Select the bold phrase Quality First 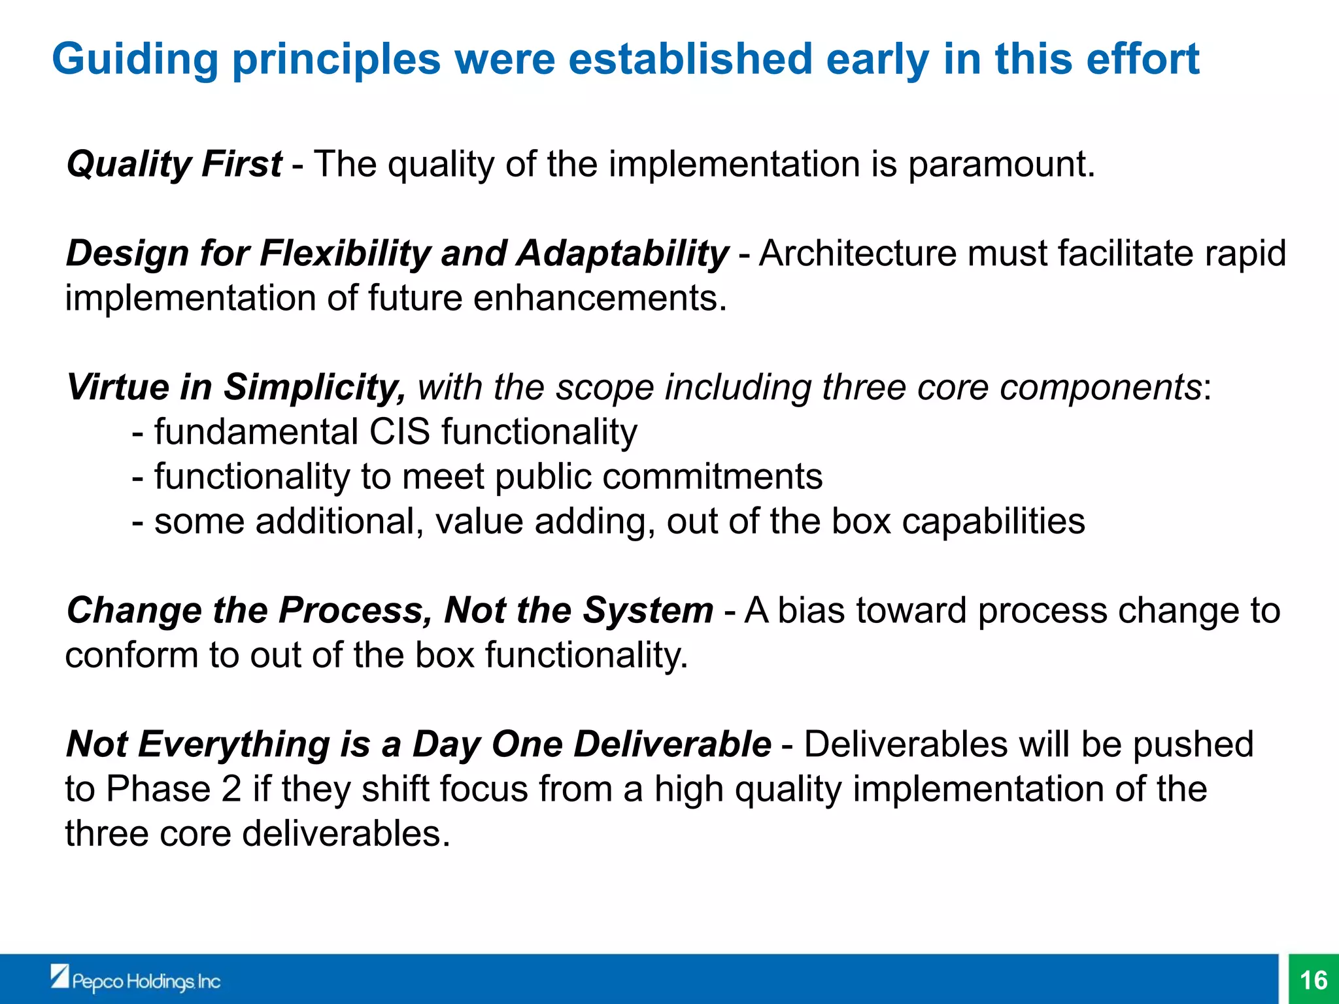(x=174, y=163)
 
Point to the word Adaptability (x=622, y=254)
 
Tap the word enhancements (x=600, y=299)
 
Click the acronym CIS (x=399, y=432)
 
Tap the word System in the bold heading (x=648, y=611)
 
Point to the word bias (x=811, y=611)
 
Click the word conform (x=131, y=656)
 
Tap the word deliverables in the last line (x=346, y=834)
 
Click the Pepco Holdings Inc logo (x=136, y=980)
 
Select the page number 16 (x=1314, y=980)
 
